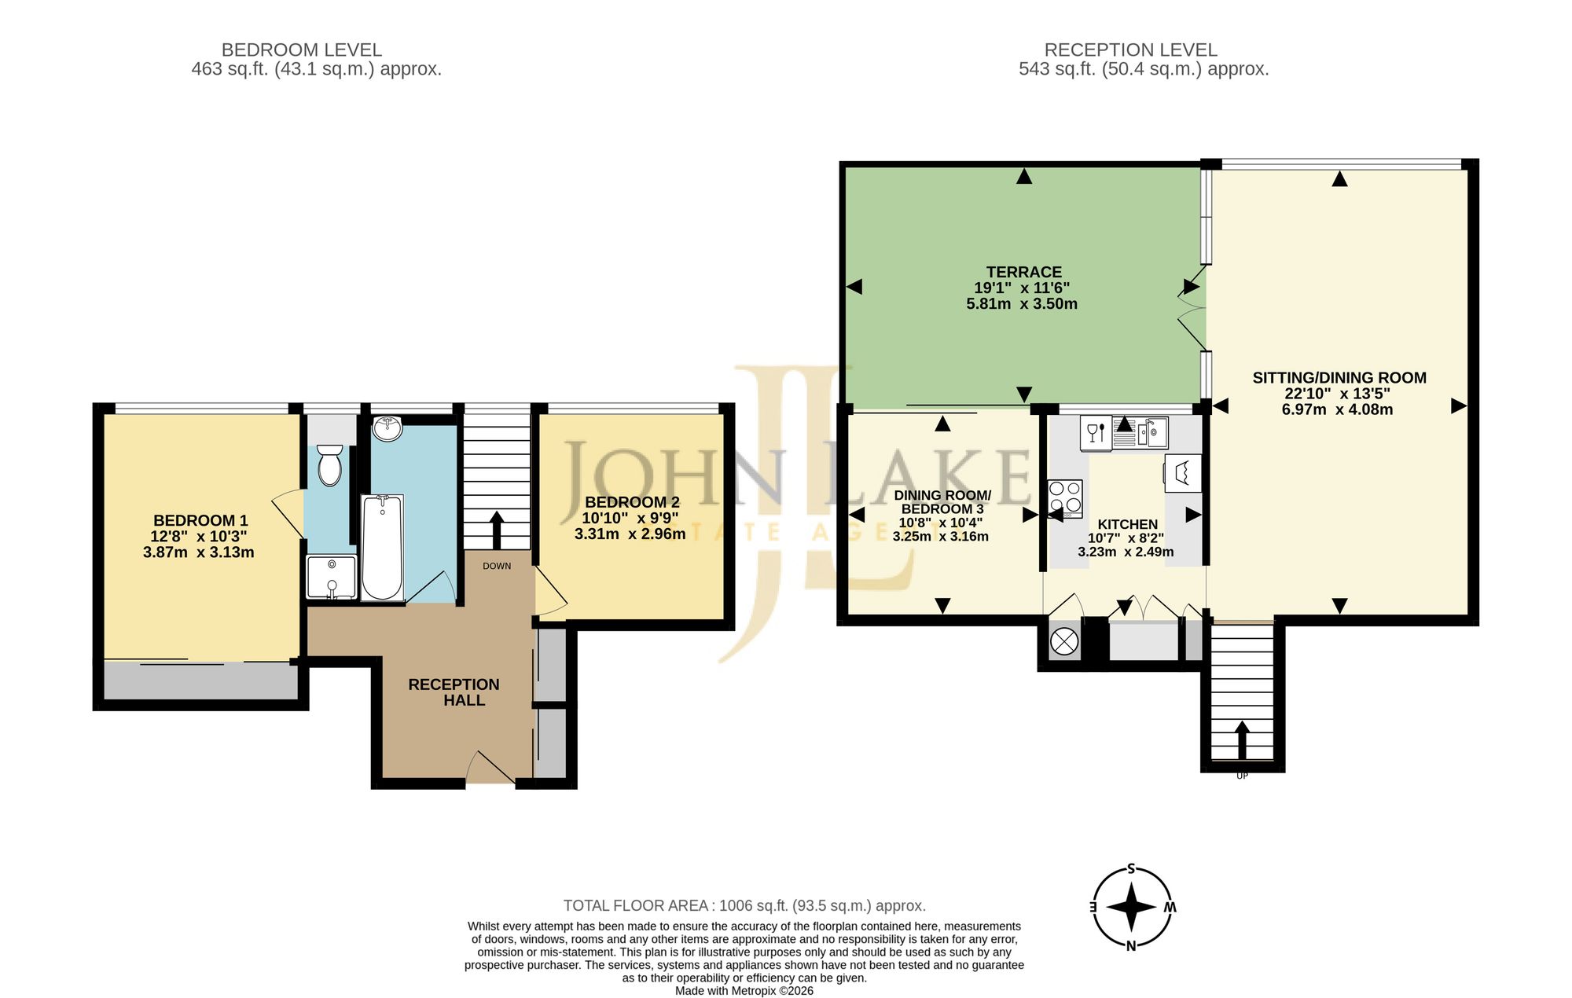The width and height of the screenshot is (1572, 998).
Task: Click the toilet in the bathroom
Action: coord(330,464)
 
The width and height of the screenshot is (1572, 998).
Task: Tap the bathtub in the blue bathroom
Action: coord(383,547)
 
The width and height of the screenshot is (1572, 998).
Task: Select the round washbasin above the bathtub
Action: coord(387,429)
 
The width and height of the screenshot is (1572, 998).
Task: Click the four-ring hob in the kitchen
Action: coord(1065,498)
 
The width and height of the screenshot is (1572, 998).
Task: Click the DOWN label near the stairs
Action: coord(497,566)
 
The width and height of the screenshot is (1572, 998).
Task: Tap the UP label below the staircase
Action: coord(1242,776)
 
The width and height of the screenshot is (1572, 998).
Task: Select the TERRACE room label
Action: coord(1023,272)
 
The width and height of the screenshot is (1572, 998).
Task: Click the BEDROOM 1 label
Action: coord(200,520)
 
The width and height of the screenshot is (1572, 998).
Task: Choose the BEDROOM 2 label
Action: coord(632,502)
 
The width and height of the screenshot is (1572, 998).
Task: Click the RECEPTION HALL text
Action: coord(454,692)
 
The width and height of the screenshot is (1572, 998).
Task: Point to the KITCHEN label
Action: coord(1127,524)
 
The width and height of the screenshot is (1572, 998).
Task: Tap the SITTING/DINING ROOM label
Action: coord(1339,378)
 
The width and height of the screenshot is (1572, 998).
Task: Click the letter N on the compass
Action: coord(1131,946)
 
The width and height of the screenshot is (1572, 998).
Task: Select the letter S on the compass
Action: coord(1132,869)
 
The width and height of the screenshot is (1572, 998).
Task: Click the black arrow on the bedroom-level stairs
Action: coord(497,530)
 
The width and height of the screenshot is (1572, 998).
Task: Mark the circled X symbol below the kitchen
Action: coord(1065,641)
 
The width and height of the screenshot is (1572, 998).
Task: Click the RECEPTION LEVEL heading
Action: coord(1130,50)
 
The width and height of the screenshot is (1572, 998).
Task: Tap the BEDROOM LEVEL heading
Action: coord(302,50)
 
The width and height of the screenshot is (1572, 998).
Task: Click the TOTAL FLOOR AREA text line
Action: coord(744,906)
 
